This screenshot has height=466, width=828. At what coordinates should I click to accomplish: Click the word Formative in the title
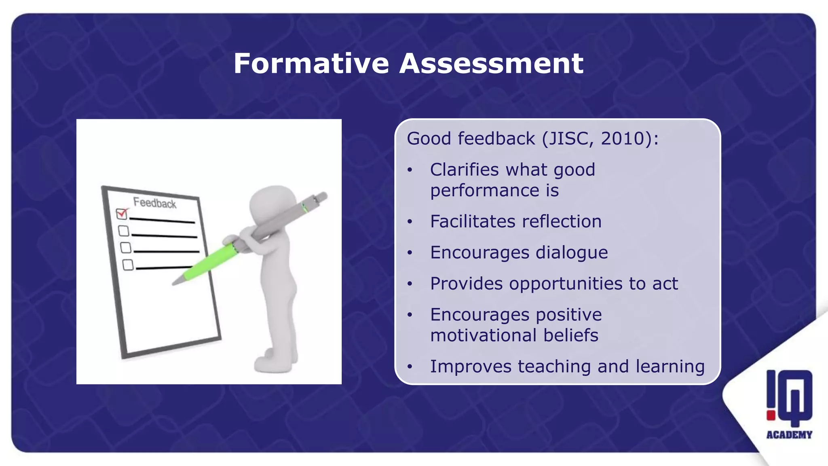(x=311, y=64)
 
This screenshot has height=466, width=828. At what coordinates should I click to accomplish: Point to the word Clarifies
(x=465, y=169)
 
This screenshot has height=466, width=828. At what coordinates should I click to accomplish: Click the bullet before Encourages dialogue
(x=410, y=253)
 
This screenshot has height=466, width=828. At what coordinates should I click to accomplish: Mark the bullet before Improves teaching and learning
(x=410, y=367)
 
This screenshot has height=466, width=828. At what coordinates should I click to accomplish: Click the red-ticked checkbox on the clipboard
(x=121, y=213)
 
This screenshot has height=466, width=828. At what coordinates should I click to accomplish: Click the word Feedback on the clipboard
(x=155, y=203)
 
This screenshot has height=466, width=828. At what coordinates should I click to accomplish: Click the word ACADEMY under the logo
(x=789, y=435)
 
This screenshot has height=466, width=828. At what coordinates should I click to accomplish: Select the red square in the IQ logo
(x=771, y=415)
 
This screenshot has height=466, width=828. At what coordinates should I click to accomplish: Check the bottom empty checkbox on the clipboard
(x=128, y=265)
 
